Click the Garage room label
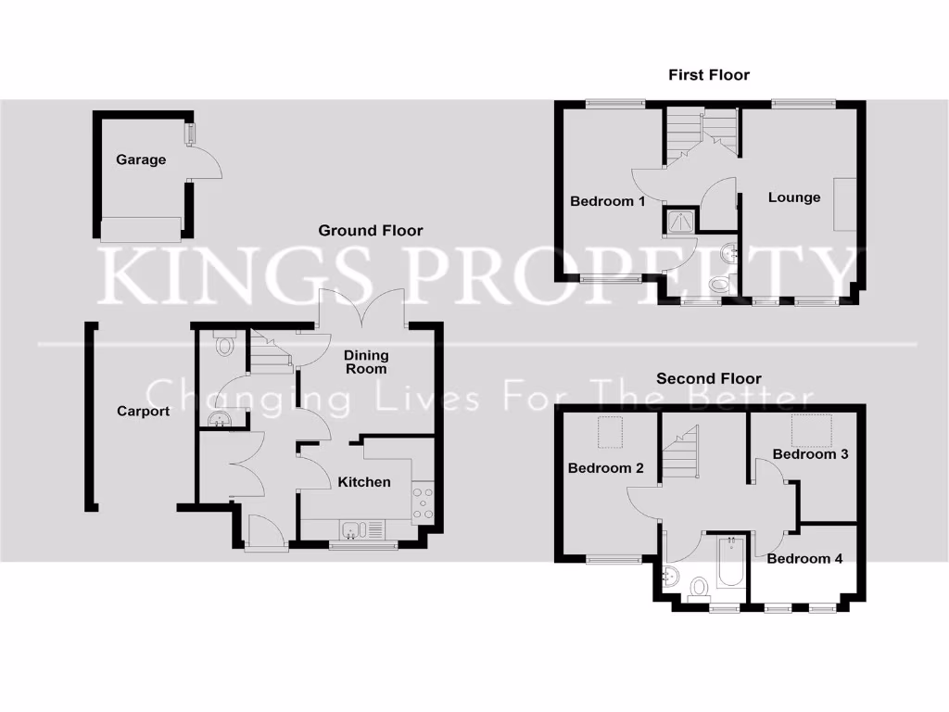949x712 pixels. [141, 159]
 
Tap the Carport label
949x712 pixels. [143, 411]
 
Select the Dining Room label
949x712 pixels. [366, 362]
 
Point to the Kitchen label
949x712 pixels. [364, 482]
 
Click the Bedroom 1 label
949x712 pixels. [607, 201]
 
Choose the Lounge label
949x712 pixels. [794, 197]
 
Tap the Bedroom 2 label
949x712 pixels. [605, 468]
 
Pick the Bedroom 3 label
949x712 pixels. [810, 454]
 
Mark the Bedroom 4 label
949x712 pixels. [804, 559]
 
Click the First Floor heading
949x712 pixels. [709, 74]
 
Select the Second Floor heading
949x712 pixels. [709, 378]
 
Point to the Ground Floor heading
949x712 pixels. [371, 230]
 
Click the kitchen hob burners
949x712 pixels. [424, 501]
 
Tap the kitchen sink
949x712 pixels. [353, 531]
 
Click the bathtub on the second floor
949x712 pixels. [730, 564]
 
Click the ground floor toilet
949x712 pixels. [222, 345]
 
